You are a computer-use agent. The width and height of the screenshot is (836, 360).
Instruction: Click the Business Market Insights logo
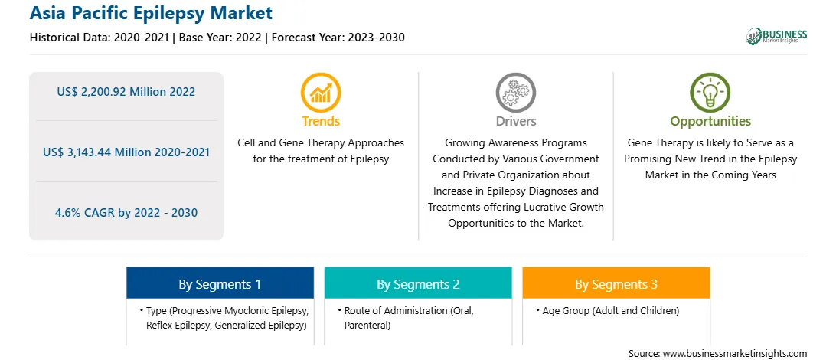(777, 36)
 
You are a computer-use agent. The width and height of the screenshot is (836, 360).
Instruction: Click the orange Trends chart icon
(321, 93)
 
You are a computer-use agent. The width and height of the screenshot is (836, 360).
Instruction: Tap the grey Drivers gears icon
(515, 93)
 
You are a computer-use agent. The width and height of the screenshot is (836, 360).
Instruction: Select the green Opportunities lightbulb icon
(710, 93)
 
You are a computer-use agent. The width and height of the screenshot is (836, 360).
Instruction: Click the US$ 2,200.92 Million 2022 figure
(126, 92)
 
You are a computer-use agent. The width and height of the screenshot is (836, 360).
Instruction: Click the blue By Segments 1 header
(220, 283)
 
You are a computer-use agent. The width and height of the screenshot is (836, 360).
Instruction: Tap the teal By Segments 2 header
(418, 283)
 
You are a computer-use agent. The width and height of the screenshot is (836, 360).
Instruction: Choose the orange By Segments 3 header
(616, 283)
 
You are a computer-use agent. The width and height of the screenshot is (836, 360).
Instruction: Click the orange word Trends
(321, 121)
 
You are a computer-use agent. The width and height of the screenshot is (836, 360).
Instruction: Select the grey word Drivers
(515, 121)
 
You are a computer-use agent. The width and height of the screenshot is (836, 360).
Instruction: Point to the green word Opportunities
(710, 122)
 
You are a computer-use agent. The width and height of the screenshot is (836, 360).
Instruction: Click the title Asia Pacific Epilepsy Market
(151, 13)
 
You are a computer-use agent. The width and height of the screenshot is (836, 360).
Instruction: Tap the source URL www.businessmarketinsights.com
(735, 353)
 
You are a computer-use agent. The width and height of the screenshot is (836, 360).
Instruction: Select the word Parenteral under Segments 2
(367, 325)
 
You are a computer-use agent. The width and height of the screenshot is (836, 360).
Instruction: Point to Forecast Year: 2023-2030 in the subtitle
(338, 38)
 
